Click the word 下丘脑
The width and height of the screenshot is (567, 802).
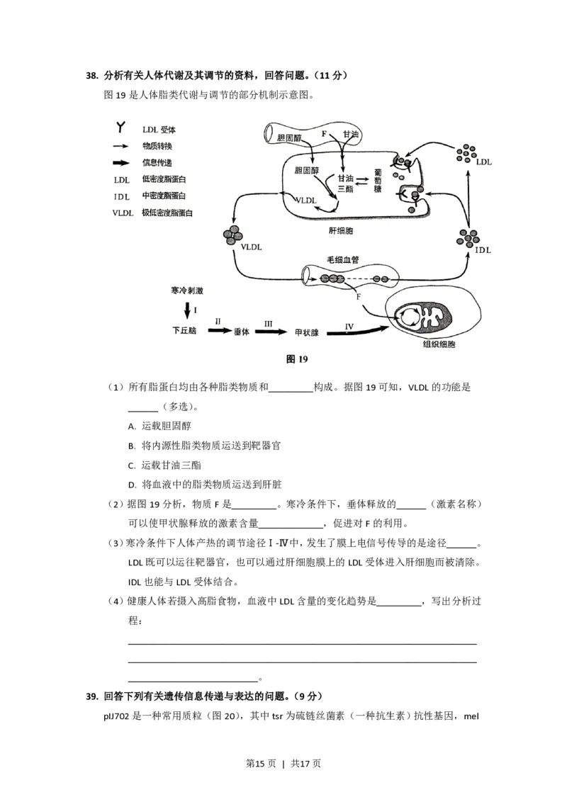click(x=184, y=331)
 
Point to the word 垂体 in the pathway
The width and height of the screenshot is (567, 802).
click(x=242, y=331)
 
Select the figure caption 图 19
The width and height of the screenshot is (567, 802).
click(x=296, y=359)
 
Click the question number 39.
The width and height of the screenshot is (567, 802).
click(x=91, y=696)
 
